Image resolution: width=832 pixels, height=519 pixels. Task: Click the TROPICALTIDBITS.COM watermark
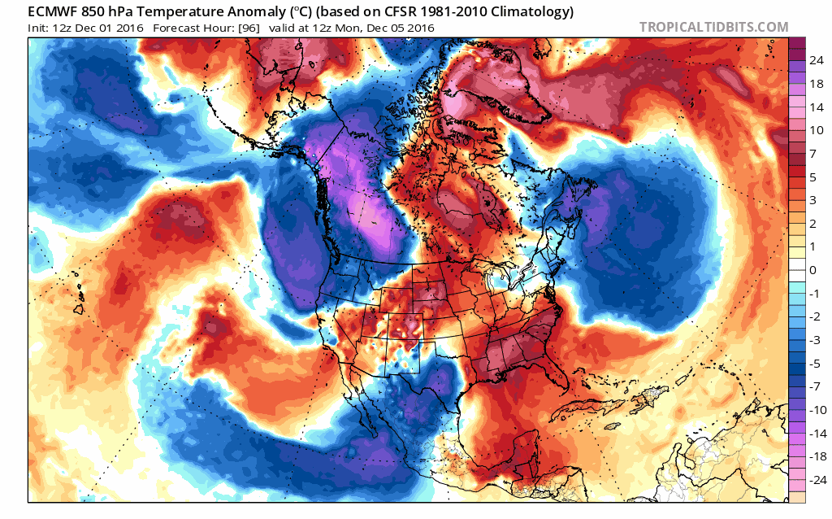coord(713,27)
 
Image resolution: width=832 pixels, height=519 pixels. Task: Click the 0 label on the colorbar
coord(813,269)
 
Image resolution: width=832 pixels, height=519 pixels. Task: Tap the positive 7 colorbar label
coord(813,153)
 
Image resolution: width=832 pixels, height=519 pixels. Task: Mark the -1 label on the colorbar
coord(813,293)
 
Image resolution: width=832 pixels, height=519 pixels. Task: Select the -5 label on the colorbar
coord(813,363)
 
